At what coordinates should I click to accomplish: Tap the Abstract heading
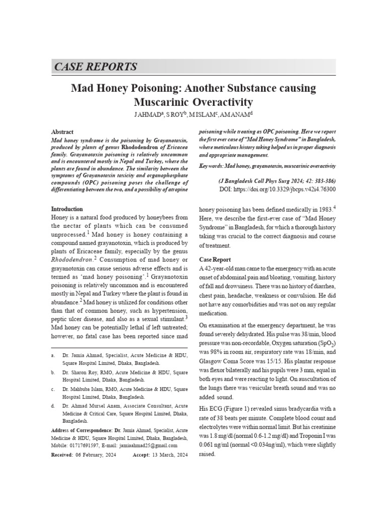click(62, 132)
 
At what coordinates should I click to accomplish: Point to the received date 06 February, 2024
click(95, 455)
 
